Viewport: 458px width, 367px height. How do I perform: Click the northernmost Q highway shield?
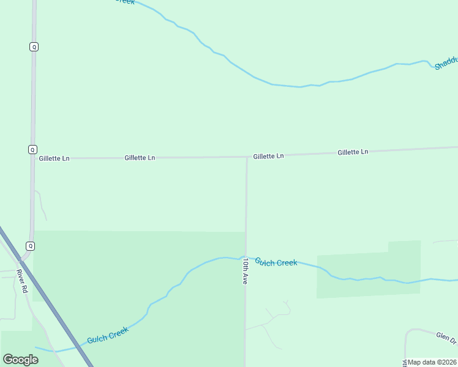(34, 46)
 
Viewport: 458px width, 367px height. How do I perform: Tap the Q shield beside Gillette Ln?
(32, 149)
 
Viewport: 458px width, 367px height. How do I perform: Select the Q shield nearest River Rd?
(31, 246)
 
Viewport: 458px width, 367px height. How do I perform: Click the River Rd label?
(23, 281)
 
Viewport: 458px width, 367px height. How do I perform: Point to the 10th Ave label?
(245, 270)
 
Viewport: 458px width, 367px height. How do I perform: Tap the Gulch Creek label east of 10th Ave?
(276, 262)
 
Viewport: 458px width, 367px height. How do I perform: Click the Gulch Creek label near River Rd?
(108, 335)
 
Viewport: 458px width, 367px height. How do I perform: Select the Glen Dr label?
(446, 338)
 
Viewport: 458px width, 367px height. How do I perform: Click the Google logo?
(20, 359)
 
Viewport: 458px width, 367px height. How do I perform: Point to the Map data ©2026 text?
(432, 362)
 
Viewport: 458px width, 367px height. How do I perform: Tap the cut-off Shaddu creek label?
(446, 62)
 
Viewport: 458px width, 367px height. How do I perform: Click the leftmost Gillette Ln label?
(54, 158)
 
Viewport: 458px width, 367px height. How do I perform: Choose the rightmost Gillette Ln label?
(353, 152)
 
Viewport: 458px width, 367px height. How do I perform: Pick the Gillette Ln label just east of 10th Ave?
(268, 156)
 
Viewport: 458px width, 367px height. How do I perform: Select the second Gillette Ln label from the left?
(140, 158)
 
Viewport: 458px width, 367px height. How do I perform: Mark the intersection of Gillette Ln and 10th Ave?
(247, 157)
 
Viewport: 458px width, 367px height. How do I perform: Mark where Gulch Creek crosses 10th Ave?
(246, 257)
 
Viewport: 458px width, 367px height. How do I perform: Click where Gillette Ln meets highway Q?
(32, 158)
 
